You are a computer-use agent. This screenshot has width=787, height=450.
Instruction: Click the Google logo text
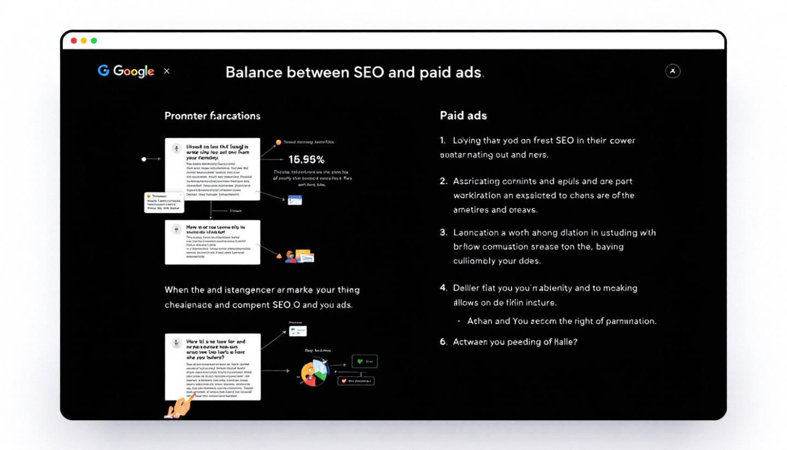pyautogui.click(x=133, y=71)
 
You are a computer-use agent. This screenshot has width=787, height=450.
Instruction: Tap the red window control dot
pyautogui.click(x=74, y=40)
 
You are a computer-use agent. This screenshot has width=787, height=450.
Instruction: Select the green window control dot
pyautogui.click(x=94, y=40)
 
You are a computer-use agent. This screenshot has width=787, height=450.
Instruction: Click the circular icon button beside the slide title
pyautogui.click(x=672, y=71)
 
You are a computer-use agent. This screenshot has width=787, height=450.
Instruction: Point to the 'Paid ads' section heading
pyautogui.click(x=463, y=115)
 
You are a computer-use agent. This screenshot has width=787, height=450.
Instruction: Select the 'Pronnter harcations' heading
pyautogui.click(x=212, y=116)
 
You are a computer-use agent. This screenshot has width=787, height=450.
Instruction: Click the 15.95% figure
pyautogui.click(x=306, y=160)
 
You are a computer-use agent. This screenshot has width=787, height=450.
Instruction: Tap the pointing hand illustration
pyautogui.click(x=179, y=407)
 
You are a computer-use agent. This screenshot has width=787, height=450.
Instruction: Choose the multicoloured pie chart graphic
pyautogui.click(x=314, y=372)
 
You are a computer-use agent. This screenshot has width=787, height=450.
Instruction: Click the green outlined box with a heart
pyautogui.click(x=364, y=361)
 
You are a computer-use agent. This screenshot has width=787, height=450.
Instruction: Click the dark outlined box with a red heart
pyautogui.click(x=355, y=381)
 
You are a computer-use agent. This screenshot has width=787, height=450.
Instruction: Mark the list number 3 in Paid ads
pyautogui.click(x=443, y=232)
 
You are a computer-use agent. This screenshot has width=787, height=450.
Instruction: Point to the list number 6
pyautogui.click(x=443, y=341)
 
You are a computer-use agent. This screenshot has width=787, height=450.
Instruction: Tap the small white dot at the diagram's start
pyautogui.click(x=144, y=159)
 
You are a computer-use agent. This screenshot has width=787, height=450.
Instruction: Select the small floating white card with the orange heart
pyautogui.click(x=164, y=202)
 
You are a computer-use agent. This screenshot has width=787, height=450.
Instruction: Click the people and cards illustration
pyautogui.click(x=298, y=256)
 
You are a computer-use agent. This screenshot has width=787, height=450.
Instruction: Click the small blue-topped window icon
pyautogui.click(x=295, y=200)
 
